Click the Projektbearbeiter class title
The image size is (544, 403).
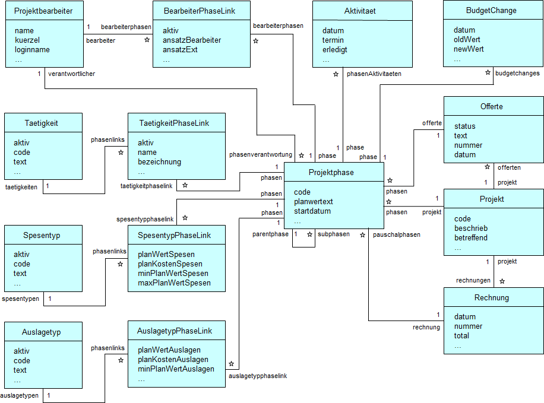(x=43, y=11)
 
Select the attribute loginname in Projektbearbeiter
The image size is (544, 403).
(x=32, y=50)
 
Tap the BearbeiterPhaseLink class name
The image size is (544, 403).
(x=201, y=11)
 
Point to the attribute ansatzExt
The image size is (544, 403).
(x=179, y=50)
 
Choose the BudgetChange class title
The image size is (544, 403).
(x=491, y=11)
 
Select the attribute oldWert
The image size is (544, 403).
(x=469, y=40)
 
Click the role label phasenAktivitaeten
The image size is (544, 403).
(x=374, y=74)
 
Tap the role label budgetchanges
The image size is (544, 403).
(x=517, y=74)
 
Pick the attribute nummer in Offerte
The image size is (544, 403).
(x=468, y=145)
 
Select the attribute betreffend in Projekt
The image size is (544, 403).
(x=471, y=238)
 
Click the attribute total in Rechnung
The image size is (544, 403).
(x=461, y=336)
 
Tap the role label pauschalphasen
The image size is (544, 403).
(x=397, y=234)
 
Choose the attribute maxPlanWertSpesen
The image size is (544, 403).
(x=174, y=283)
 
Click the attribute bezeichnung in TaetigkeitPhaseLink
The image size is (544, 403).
(x=159, y=162)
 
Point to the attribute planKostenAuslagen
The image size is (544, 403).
(x=173, y=360)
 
